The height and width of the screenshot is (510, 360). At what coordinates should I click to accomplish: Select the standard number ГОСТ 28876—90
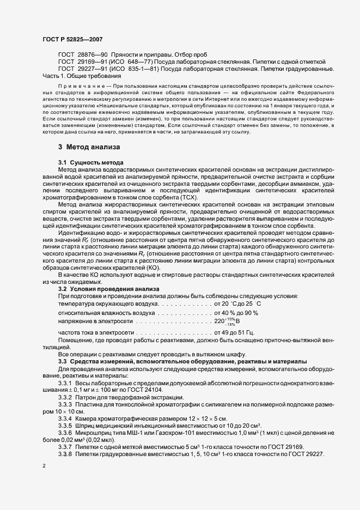[83, 56]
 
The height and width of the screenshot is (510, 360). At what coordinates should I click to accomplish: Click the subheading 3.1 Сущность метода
[91, 163]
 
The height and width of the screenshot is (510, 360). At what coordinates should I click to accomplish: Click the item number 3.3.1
[65, 384]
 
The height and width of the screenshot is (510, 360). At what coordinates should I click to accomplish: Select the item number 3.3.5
[65, 425]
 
